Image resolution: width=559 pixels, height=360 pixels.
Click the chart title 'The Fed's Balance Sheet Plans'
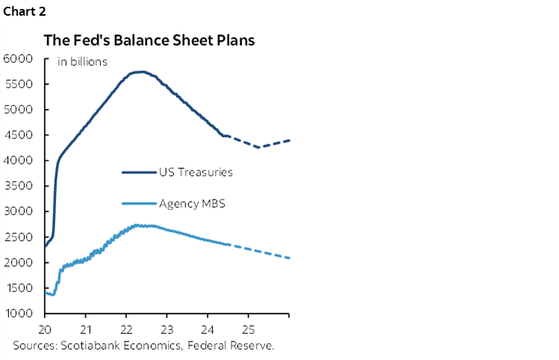pos(149,40)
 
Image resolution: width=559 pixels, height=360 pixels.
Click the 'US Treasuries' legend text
pos(196,173)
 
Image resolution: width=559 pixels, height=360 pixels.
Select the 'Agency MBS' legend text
pos(192,203)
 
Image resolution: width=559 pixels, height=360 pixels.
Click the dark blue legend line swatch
pos(138,173)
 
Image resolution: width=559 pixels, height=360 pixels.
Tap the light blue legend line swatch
pos(138,203)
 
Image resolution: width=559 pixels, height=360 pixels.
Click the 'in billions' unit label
pos(82,62)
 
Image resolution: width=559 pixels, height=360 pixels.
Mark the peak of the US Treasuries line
pos(140,72)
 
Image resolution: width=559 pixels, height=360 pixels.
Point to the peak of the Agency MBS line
pos(139,225)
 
